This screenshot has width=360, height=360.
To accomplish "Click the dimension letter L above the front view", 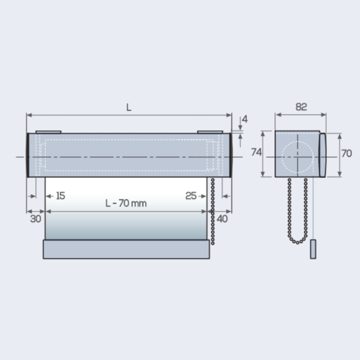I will tap(129, 107).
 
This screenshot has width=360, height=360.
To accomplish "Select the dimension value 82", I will tap(301, 107).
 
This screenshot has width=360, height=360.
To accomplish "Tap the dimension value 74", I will tap(256, 152).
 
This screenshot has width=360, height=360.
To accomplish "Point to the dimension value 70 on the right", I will tap(347, 153).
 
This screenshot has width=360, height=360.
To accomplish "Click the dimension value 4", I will tap(245, 119).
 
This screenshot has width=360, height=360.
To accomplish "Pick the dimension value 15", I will tap(60, 196).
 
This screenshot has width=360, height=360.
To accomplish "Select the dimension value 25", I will tap(191, 196).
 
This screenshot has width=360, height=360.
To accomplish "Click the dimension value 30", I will tap(36, 219).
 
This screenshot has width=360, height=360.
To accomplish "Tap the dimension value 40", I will tap(222, 219).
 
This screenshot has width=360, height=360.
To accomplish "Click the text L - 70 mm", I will tap(126, 203).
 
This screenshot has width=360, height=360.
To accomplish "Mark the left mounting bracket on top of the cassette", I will tap(48, 132).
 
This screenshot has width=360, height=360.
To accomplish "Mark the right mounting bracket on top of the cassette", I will tap(210, 132).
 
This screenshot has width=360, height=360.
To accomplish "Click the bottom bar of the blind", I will tap(126, 249).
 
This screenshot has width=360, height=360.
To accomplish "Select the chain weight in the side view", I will tap(313, 249).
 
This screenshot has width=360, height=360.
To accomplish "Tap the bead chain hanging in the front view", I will tap(213, 212).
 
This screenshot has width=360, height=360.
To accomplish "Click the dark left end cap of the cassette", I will tap(28, 155).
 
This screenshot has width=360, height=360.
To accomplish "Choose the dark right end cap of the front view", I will tap(230, 155).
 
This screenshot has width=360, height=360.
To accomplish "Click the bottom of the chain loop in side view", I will tap(297, 242).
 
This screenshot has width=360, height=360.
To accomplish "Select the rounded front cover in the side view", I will tap(322, 155).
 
